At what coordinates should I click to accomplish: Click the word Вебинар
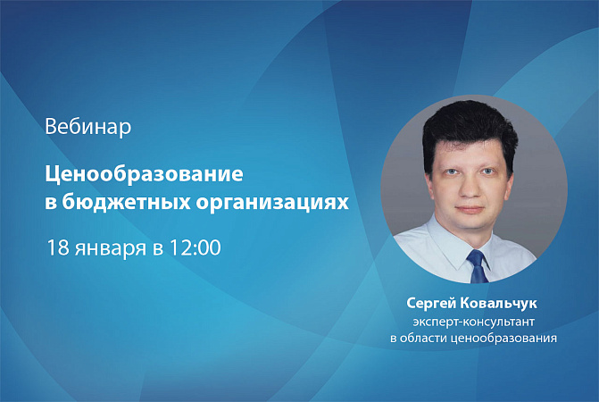tap(88, 127)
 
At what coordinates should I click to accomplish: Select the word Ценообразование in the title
tap(144, 174)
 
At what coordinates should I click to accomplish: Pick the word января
tap(111, 249)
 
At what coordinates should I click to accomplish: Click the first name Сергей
tap(431, 304)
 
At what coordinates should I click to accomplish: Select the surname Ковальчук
tap(499, 303)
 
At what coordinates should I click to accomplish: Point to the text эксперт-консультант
tap(473, 322)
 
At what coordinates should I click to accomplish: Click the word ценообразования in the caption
tap(503, 339)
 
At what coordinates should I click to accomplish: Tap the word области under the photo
tap(423, 339)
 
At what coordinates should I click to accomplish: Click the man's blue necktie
tap(478, 266)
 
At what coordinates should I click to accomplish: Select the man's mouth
tap(470, 209)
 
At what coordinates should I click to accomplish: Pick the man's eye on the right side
tap(487, 172)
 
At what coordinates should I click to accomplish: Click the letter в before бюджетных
tap(51, 204)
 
